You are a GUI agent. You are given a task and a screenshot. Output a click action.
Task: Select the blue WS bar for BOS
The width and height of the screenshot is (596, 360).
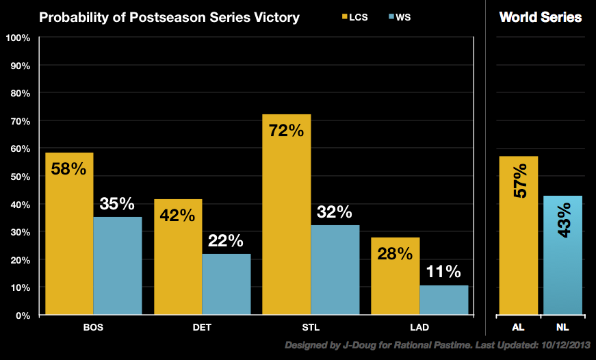tap(117, 267)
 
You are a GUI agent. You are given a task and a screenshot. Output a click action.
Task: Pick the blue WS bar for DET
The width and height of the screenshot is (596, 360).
tap(226, 285)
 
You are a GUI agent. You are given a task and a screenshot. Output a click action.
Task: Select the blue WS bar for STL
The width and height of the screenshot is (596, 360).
tap(335, 271)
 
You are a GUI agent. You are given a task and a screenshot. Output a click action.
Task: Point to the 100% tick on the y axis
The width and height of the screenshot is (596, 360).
tap(18, 38)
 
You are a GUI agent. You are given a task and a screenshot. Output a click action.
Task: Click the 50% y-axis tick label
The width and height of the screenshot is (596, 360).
tap(18, 177)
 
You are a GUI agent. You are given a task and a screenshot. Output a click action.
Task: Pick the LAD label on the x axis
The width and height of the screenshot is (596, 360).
tap(419, 326)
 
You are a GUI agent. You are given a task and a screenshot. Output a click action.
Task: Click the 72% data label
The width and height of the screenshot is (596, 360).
tap(286, 130)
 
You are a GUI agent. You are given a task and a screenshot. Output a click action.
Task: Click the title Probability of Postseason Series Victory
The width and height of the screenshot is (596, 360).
tap(169, 17)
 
